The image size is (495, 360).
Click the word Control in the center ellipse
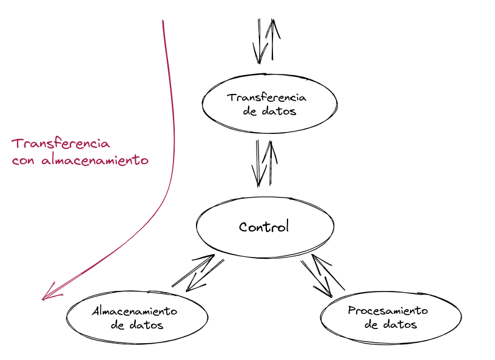[x=264, y=227]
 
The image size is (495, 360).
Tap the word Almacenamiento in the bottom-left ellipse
[x=134, y=311]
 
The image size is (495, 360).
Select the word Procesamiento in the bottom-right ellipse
[x=388, y=311]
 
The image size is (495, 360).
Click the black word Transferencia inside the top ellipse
[x=266, y=98]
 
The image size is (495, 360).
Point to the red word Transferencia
[x=61, y=144]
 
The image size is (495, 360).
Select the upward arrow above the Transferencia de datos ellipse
[x=272, y=39]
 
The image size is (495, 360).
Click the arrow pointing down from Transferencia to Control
[x=260, y=164]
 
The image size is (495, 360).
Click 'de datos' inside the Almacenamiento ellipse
[x=138, y=325]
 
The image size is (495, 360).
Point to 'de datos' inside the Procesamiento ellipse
[x=391, y=324]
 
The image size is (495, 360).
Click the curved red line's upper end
[x=163, y=22]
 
